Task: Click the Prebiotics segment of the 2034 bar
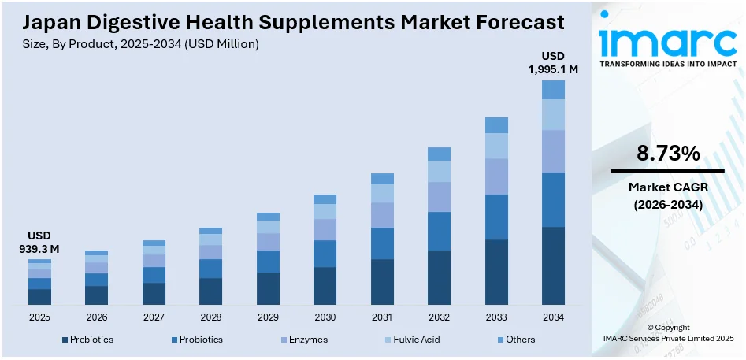click(553, 265)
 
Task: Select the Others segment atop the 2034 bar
click(553, 90)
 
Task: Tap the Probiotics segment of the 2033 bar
click(496, 217)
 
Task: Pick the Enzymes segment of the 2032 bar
click(439, 197)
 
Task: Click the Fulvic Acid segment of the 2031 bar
click(382, 194)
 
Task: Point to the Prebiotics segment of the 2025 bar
click(39, 297)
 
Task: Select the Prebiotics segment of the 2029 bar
click(268, 288)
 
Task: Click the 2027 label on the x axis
click(154, 317)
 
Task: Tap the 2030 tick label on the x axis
click(325, 317)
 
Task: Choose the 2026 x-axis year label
click(96, 317)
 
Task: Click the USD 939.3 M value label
click(39, 243)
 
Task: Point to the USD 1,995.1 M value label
click(553, 63)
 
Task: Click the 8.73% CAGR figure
click(668, 154)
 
